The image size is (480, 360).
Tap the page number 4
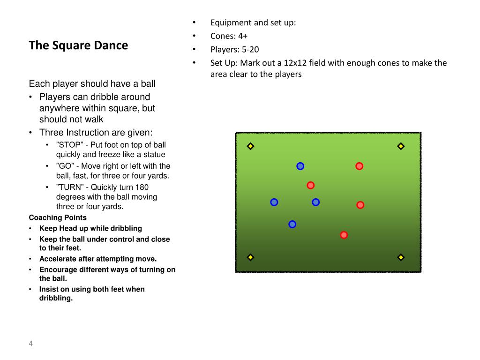point(31,344)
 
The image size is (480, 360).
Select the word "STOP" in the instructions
point(69,145)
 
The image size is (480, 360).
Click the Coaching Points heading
point(58,217)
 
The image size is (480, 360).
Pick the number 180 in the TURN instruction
point(142,187)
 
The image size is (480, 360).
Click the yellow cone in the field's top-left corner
point(250,146)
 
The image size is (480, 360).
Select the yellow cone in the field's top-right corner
point(401,146)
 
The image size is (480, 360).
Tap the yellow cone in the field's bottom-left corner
point(250,257)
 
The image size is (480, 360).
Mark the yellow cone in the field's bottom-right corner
point(401,257)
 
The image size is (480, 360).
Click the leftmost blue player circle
point(274,202)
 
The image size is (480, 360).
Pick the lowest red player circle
point(344,235)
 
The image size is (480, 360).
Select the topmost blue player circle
point(300,166)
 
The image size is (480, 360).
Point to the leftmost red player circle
point(310,185)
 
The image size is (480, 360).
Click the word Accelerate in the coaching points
point(59,259)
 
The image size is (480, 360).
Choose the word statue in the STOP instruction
point(154,154)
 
